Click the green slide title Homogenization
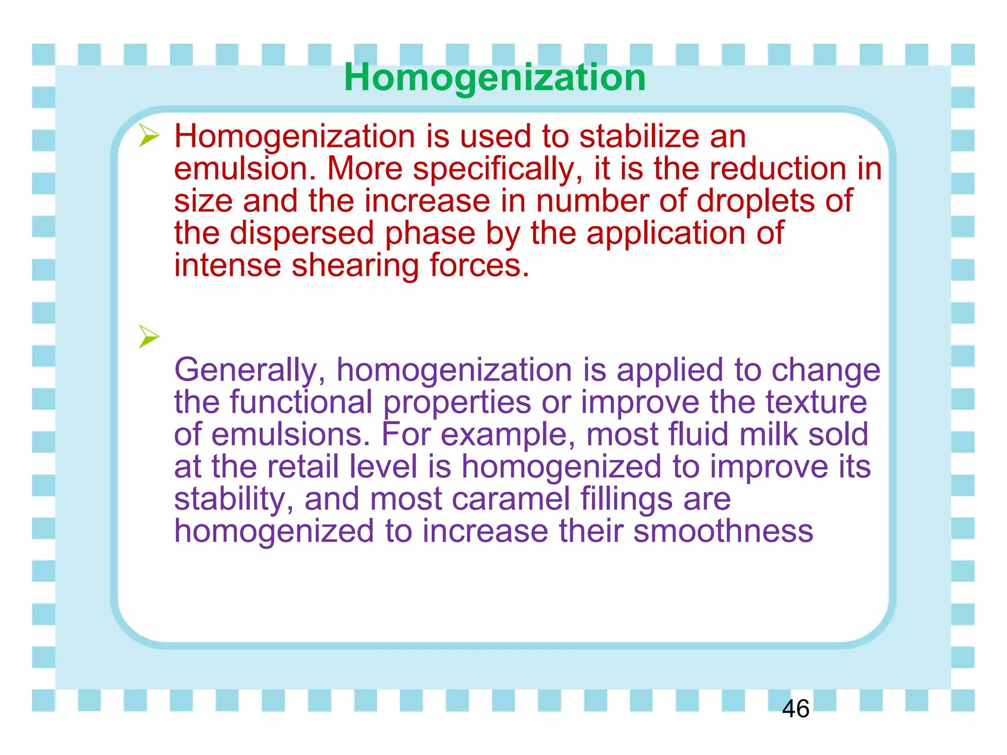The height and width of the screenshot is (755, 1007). [495, 78]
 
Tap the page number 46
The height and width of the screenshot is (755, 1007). [795, 709]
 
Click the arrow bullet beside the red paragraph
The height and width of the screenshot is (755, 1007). [148, 136]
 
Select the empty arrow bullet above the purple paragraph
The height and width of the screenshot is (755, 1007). [148, 337]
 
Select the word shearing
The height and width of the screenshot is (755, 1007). [355, 266]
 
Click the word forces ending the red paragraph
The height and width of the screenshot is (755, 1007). [479, 265]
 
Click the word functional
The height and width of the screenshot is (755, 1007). [301, 402]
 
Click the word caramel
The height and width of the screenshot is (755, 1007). [510, 499]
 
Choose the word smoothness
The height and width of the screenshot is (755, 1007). [723, 531]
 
